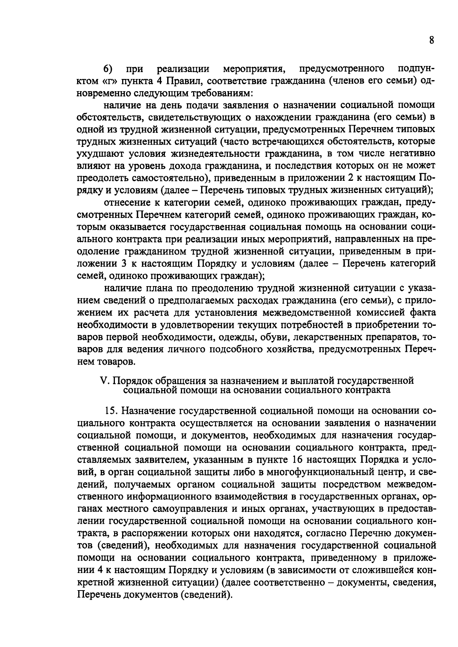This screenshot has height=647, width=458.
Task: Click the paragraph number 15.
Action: (x=111, y=410)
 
